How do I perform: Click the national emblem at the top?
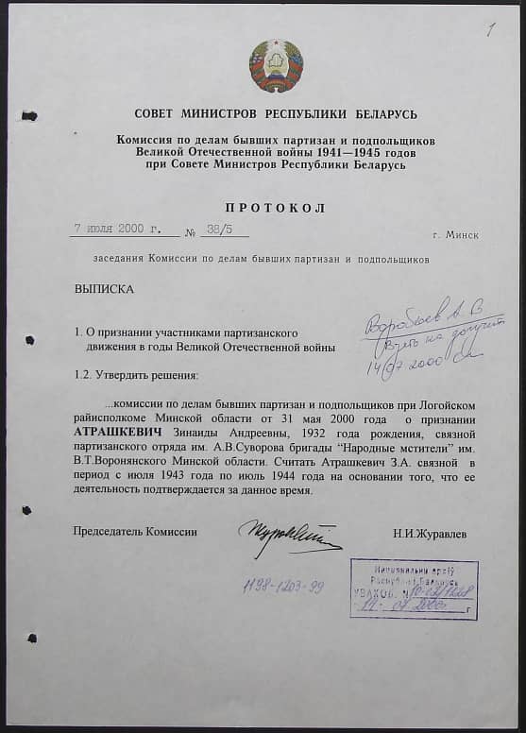tap(276, 66)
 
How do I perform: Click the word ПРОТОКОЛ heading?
tap(275, 208)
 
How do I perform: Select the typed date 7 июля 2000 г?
tap(118, 229)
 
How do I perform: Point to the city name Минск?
tap(456, 234)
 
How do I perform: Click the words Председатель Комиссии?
tap(135, 532)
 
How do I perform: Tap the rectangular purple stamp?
tap(414, 588)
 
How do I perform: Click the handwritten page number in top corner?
tap(489, 28)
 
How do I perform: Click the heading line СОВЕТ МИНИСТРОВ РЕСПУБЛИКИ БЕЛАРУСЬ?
tap(276, 114)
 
